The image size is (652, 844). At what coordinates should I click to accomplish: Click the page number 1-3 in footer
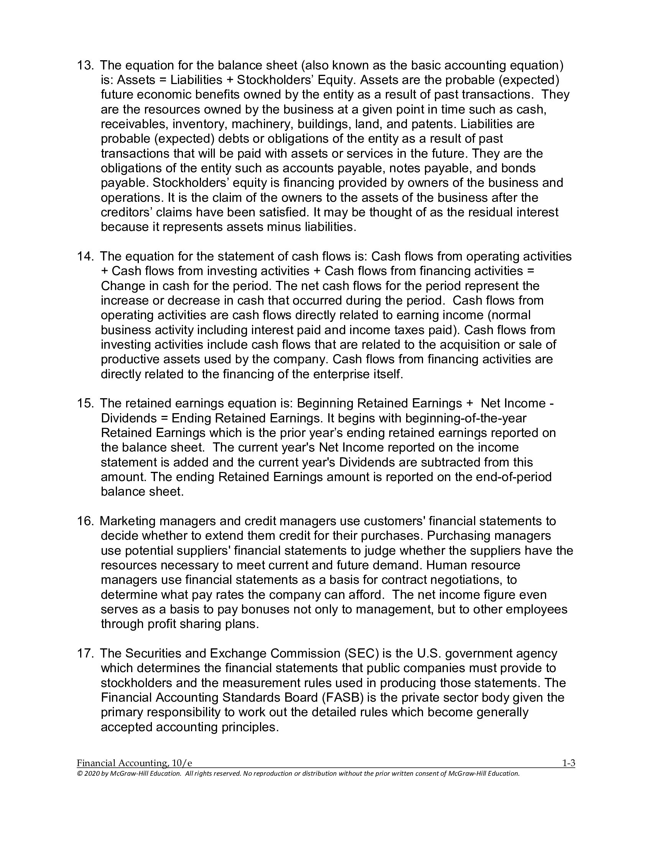pyautogui.click(x=568, y=763)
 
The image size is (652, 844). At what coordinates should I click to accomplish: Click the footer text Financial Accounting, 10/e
pyautogui.click(x=134, y=763)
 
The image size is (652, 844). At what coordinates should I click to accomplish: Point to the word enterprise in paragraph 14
pyautogui.click(x=333, y=374)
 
